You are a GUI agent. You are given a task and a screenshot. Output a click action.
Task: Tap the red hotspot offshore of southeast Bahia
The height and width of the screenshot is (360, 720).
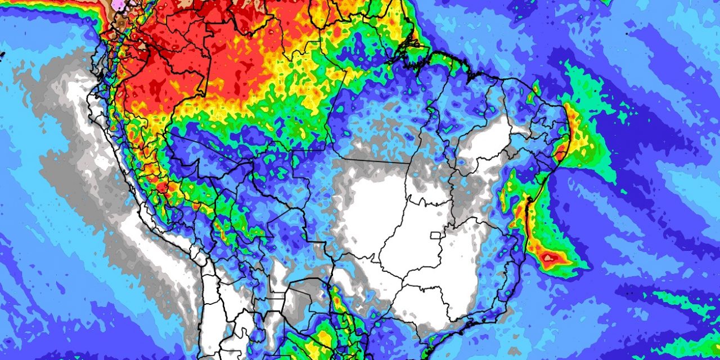coord(550,258)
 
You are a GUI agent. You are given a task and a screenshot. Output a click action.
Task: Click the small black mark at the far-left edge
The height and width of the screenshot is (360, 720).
coord(2,54)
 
